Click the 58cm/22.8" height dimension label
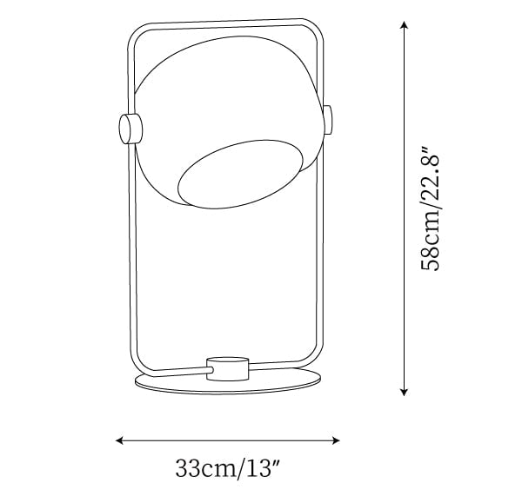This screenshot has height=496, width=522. point(431,208)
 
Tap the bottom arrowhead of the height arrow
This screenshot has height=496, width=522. point(404,392)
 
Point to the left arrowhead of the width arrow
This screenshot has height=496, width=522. point(119,440)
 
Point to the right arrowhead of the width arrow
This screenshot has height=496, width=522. point(335,440)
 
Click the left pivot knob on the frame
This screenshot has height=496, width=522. point(130,129)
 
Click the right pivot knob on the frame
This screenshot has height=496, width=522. point(328,120)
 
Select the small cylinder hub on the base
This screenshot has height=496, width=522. point(227,368)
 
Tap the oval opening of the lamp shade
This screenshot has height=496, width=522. point(241,175)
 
